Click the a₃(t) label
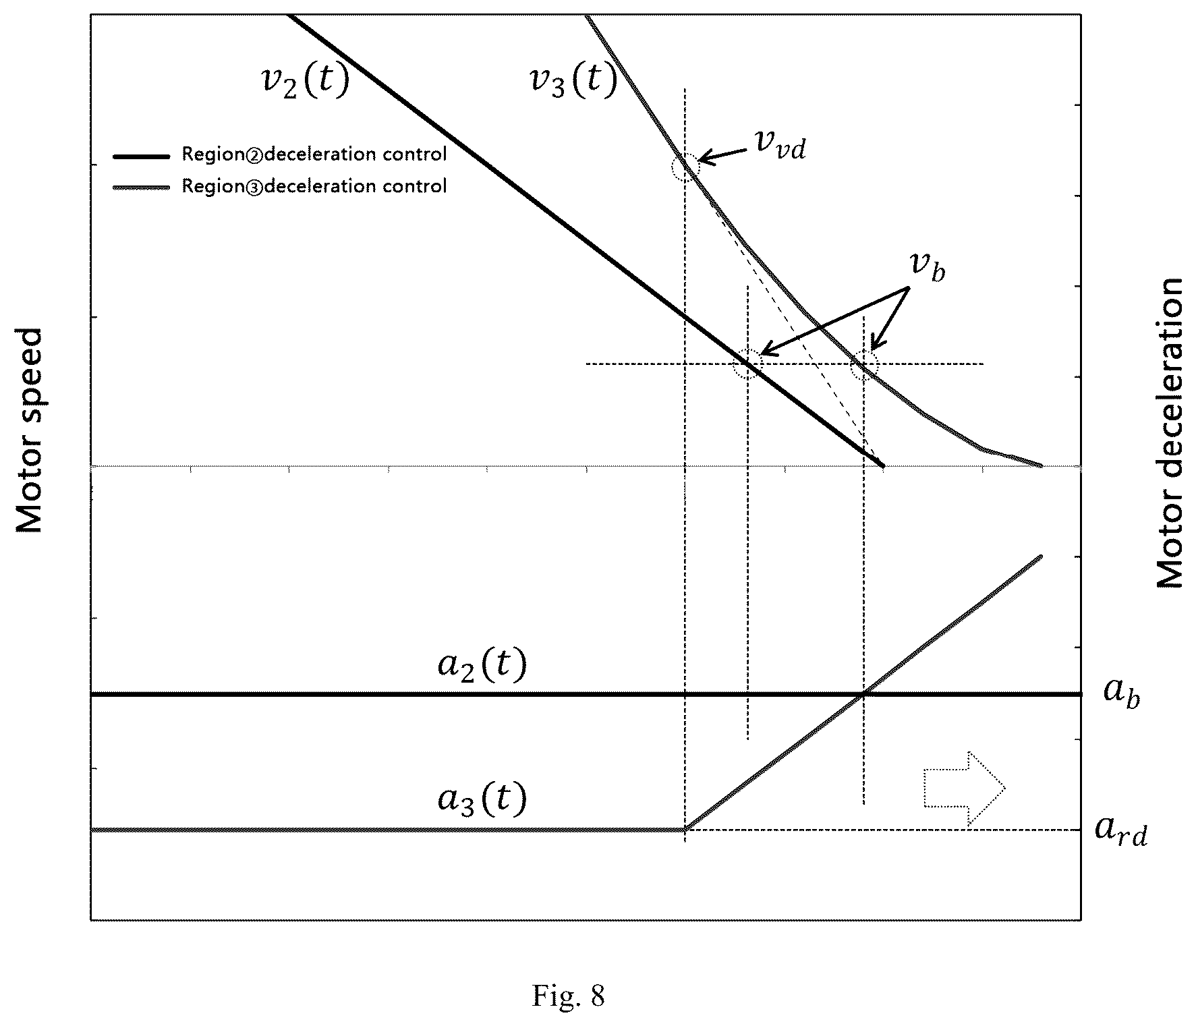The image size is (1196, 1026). click(x=482, y=799)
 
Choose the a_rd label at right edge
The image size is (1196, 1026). click(x=1120, y=830)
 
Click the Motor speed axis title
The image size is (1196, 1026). click(x=28, y=430)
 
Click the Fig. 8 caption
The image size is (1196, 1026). click(x=568, y=996)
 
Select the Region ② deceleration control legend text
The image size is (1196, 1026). click(x=314, y=154)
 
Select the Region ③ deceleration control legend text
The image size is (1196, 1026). click(x=314, y=186)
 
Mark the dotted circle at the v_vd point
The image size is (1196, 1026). click(x=685, y=166)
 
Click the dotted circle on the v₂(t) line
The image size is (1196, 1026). click(x=747, y=364)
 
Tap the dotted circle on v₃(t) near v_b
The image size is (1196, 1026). click(x=863, y=365)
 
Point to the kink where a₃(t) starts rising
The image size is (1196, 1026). click(x=685, y=829)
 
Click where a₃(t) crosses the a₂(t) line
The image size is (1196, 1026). click(x=863, y=693)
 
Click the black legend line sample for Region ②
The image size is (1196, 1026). click(x=141, y=156)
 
